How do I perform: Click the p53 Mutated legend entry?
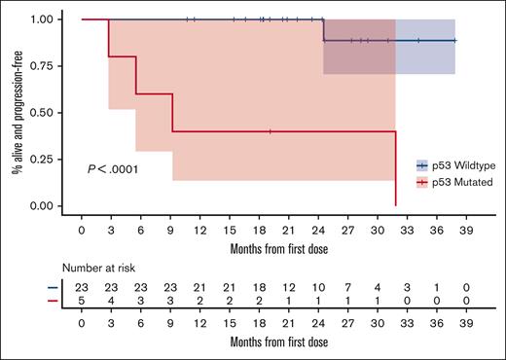point(453,181)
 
